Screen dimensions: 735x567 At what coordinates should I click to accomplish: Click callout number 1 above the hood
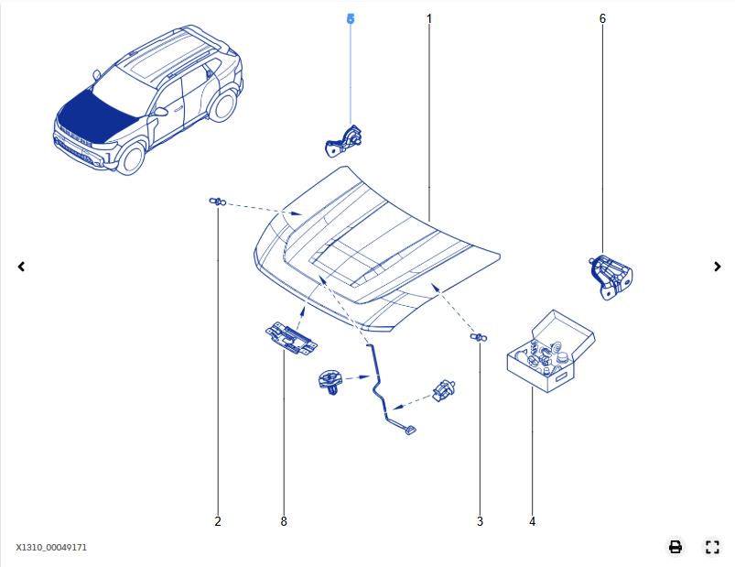click(429, 18)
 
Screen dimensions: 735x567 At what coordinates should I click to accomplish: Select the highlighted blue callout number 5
click(351, 18)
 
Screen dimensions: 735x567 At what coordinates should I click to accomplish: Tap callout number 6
click(602, 18)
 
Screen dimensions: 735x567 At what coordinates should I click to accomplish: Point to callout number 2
click(218, 521)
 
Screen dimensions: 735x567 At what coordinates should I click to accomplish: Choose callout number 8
click(284, 521)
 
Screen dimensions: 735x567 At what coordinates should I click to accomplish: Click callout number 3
click(480, 521)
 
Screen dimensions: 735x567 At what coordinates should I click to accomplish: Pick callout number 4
click(532, 521)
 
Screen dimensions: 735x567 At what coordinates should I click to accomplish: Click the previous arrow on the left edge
click(21, 267)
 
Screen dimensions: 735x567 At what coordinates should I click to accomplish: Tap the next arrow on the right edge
click(718, 267)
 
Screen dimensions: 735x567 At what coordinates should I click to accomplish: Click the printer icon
click(675, 547)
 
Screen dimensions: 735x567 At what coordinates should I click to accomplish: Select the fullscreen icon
click(712, 547)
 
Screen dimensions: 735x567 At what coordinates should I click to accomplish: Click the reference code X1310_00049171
click(51, 547)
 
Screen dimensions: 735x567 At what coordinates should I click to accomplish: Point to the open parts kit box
click(551, 351)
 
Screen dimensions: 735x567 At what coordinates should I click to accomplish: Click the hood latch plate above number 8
click(291, 338)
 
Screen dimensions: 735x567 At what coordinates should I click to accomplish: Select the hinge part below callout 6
click(611, 277)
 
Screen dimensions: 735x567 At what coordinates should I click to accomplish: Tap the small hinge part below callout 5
click(343, 141)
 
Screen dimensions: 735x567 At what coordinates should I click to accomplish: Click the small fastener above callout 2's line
click(218, 202)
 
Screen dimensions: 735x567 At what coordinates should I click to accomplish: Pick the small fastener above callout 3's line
click(479, 337)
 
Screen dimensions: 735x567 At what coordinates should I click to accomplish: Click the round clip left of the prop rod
click(331, 382)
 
